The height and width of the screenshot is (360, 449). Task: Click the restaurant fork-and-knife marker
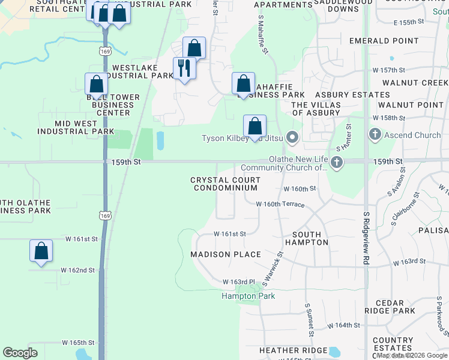(184, 68)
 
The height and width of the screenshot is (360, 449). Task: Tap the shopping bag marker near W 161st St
(41, 251)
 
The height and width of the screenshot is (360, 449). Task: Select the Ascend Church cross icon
(375, 134)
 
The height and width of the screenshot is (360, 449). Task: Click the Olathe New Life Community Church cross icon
(337, 161)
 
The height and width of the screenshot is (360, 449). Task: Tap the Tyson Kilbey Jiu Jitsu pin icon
(292, 139)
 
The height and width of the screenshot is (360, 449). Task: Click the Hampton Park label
(248, 296)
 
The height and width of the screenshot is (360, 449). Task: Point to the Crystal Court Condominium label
(225, 184)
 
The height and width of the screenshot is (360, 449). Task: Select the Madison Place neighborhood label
(226, 254)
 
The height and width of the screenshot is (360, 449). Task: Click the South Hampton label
(310, 238)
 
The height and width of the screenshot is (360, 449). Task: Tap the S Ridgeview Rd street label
(366, 238)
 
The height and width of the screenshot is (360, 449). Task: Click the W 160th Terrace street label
(280, 204)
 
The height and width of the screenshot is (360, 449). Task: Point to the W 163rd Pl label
(239, 282)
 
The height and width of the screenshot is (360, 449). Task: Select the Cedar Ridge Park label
(394, 307)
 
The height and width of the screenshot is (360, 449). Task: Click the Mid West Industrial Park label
(76, 127)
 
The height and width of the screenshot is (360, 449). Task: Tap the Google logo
(20, 353)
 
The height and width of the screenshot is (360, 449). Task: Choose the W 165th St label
(78, 342)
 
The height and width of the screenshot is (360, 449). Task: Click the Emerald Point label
(384, 41)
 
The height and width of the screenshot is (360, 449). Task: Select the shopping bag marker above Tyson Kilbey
(255, 127)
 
